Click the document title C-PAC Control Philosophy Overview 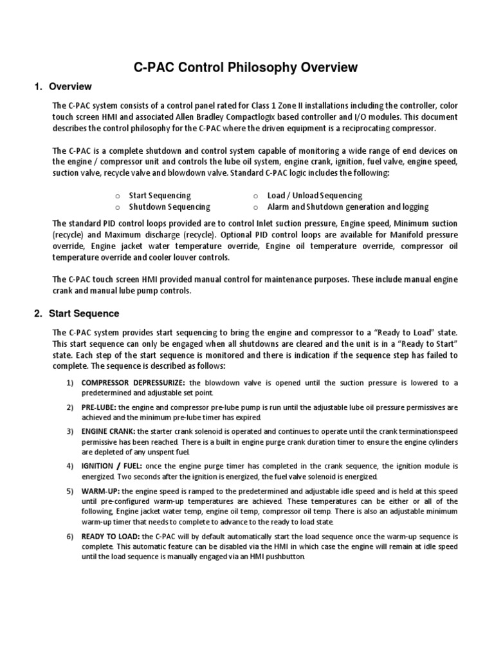245,67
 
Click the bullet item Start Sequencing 160,195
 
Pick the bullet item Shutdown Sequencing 169,207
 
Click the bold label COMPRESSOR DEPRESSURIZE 133,383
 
